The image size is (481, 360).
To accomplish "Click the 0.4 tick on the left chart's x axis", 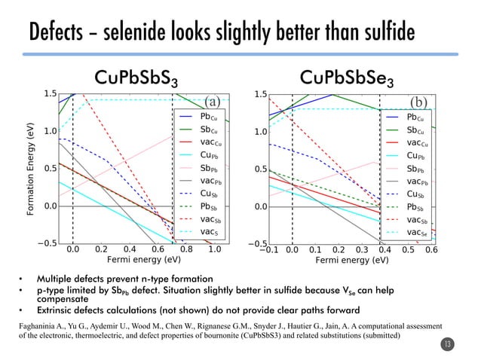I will pyautogui.click(x=130, y=249).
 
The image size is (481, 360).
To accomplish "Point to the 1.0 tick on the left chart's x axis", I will pyautogui.click(x=214, y=249).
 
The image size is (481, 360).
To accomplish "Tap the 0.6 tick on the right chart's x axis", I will pyautogui.click(x=431, y=249).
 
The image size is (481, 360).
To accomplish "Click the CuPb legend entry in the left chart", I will pyautogui.click(x=209, y=155).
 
